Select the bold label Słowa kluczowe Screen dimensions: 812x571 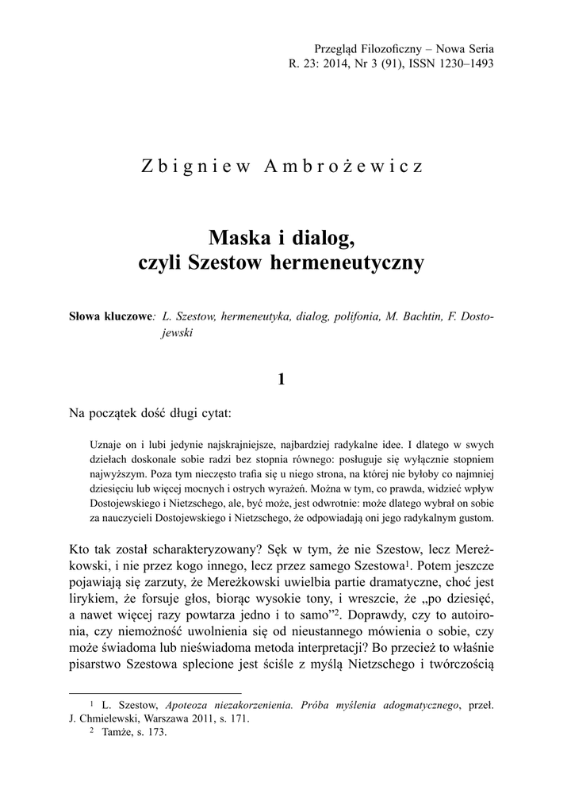point(111,316)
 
